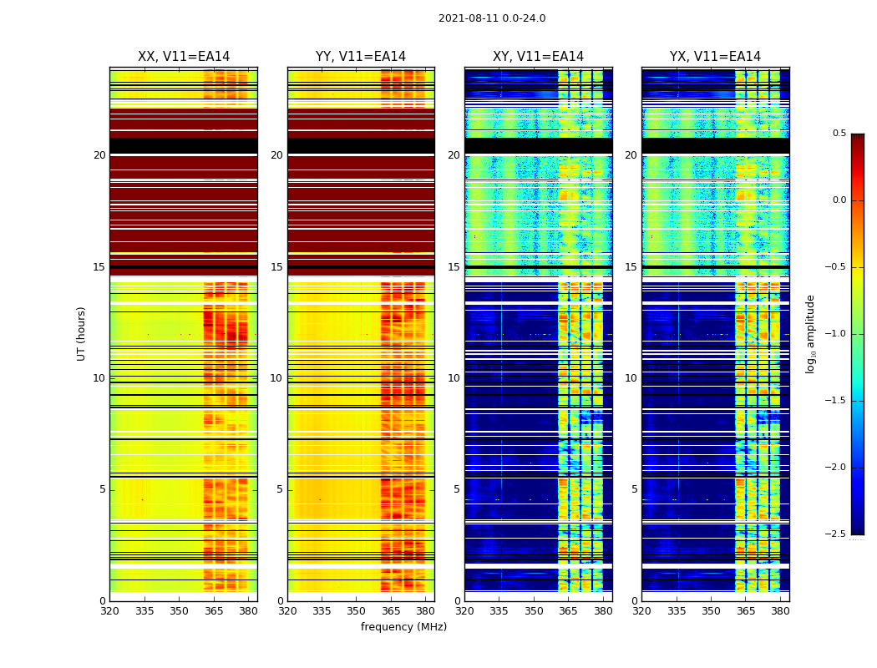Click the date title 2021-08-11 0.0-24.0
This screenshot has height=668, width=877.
click(492, 18)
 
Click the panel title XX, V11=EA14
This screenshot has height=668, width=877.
click(184, 57)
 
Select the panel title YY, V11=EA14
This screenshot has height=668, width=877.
click(361, 57)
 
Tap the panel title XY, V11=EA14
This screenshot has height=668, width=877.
click(538, 57)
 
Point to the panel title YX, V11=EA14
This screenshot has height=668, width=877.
click(715, 57)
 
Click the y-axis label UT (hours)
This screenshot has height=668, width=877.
click(81, 333)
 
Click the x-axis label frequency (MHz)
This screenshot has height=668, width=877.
click(403, 627)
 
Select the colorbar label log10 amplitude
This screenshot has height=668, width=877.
click(810, 334)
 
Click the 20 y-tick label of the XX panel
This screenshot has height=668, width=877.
click(99, 155)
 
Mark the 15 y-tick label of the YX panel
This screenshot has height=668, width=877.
click(631, 267)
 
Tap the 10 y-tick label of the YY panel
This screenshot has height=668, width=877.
click(277, 378)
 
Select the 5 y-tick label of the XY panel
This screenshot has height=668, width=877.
click(457, 489)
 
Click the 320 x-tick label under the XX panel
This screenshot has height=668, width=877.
click(109, 611)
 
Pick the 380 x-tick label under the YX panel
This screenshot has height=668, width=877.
click(780, 611)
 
